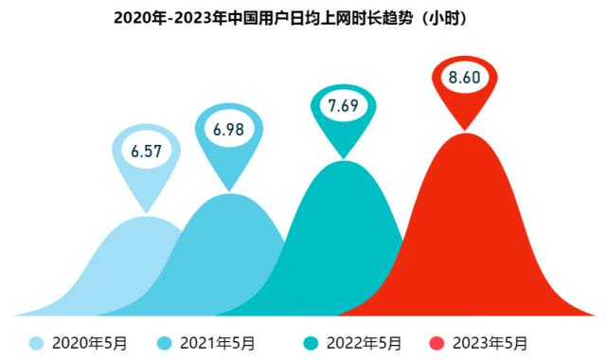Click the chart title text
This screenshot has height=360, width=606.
coord(302,18)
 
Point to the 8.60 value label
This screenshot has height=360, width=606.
coord(465,79)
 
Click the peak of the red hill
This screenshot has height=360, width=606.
coord(465,135)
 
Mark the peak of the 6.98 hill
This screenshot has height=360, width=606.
coord(229,195)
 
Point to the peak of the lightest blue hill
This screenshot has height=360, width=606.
coord(147,217)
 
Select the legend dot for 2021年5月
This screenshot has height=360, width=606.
coord(163,343)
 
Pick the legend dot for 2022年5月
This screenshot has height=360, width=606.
coord(308,343)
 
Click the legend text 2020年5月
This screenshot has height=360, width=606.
coord(89,343)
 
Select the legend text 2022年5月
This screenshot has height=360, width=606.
coord(363,343)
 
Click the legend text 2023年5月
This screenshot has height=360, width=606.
coord(490,343)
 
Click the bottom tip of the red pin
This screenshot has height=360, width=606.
coord(465,129)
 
